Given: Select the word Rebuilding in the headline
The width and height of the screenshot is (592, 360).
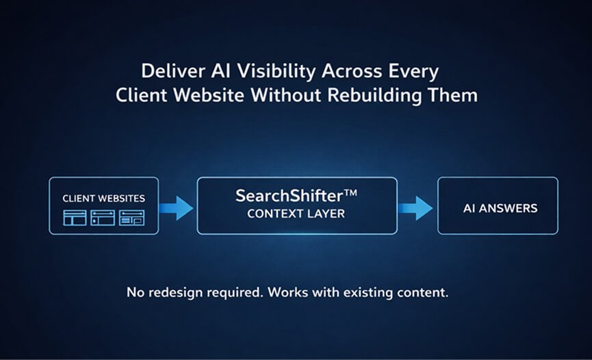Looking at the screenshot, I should [387, 95].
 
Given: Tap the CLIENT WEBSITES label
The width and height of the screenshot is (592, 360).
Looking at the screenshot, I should [104, 198].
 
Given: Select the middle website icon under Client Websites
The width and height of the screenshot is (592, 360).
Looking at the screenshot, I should [103, 218].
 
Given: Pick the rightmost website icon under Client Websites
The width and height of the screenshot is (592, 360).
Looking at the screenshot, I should [132, 218].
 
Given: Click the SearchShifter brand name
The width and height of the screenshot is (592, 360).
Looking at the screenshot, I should [286, 196].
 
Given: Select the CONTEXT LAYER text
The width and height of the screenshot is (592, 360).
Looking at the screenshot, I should [296, 214].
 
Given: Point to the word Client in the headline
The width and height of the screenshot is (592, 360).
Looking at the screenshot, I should [139, 95].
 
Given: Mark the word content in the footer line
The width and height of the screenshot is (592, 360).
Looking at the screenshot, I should [425, 292].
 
